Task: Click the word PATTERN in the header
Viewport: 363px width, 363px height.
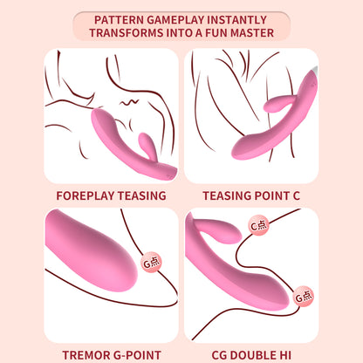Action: point(119,17)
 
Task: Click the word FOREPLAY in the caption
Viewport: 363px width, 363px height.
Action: point(83,196)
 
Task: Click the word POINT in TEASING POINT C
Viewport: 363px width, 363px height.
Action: point(276,196)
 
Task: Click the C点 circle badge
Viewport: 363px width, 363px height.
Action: point(258,225)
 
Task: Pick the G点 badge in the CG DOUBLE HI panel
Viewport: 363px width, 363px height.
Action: point(304,297)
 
